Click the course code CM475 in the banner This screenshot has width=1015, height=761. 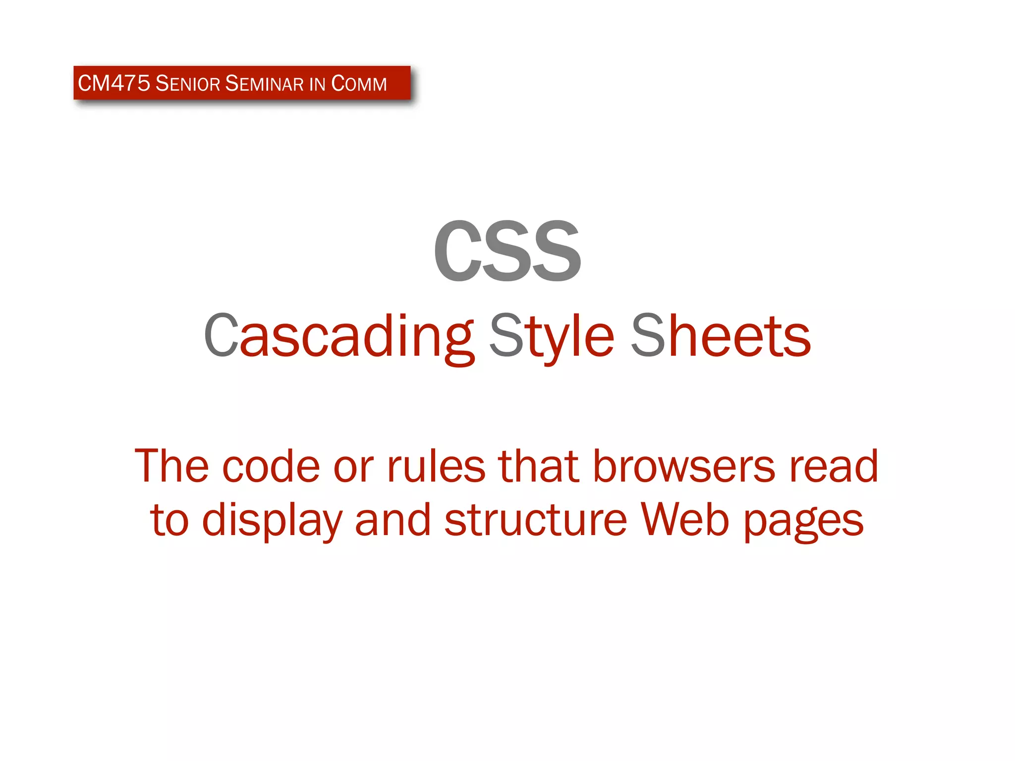pos(114,83)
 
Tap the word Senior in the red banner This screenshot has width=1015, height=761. pos(188,83)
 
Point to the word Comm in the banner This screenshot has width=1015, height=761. pos(359,83)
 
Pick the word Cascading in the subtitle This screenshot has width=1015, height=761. pos(339,337)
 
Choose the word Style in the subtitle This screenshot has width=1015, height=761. pos(552,337)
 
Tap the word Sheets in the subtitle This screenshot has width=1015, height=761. pos(721,337)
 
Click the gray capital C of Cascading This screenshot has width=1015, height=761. pos(221,336)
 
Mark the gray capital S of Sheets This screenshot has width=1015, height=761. pos(648,336)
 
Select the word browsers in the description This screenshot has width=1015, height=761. pos(684,467)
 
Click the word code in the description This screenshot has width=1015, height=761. pos(271,467)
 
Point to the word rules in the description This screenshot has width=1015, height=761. pos(436,467)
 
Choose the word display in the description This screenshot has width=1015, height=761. pos(272,521)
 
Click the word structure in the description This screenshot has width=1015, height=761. pos(536,521)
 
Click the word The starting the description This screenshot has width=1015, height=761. pos(171,467)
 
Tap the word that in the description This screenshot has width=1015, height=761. pos(539,467)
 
